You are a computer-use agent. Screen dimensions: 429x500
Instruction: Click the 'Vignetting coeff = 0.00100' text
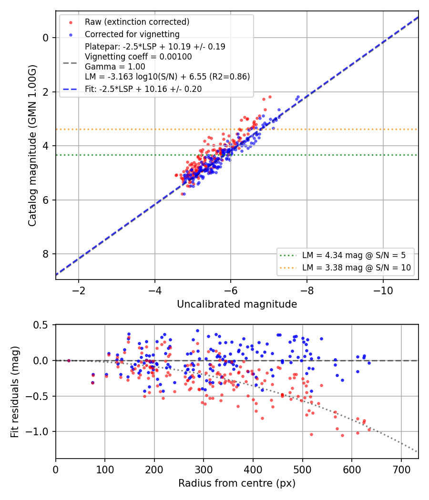tap(138, 57)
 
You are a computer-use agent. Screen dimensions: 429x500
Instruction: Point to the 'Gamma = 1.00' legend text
tap(115, 67)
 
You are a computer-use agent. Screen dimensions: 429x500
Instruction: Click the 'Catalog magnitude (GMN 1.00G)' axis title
tap(32, 146)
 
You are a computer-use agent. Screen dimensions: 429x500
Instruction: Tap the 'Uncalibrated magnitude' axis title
tap(237, 304)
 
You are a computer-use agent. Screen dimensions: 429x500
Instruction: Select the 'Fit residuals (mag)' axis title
tap(15, 392)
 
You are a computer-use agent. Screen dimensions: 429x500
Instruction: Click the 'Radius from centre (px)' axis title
tap(237, 483)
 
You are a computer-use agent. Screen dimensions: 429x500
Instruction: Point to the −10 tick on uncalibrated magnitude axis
tap(383, 291)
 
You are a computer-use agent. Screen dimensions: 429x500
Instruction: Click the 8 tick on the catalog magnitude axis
tap(45, 254)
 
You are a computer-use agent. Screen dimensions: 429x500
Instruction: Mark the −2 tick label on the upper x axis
tap(79, 291)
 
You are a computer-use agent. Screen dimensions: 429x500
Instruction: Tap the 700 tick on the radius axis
tap(401, 470)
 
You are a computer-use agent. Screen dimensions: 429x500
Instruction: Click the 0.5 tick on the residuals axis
tap(41, 325)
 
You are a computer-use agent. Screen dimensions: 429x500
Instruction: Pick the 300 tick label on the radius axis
tap(204, 470)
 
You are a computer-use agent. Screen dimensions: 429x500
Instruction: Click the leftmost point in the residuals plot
tap(69, 360)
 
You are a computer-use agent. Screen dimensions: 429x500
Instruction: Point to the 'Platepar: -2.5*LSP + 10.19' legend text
tap(155, 47)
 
